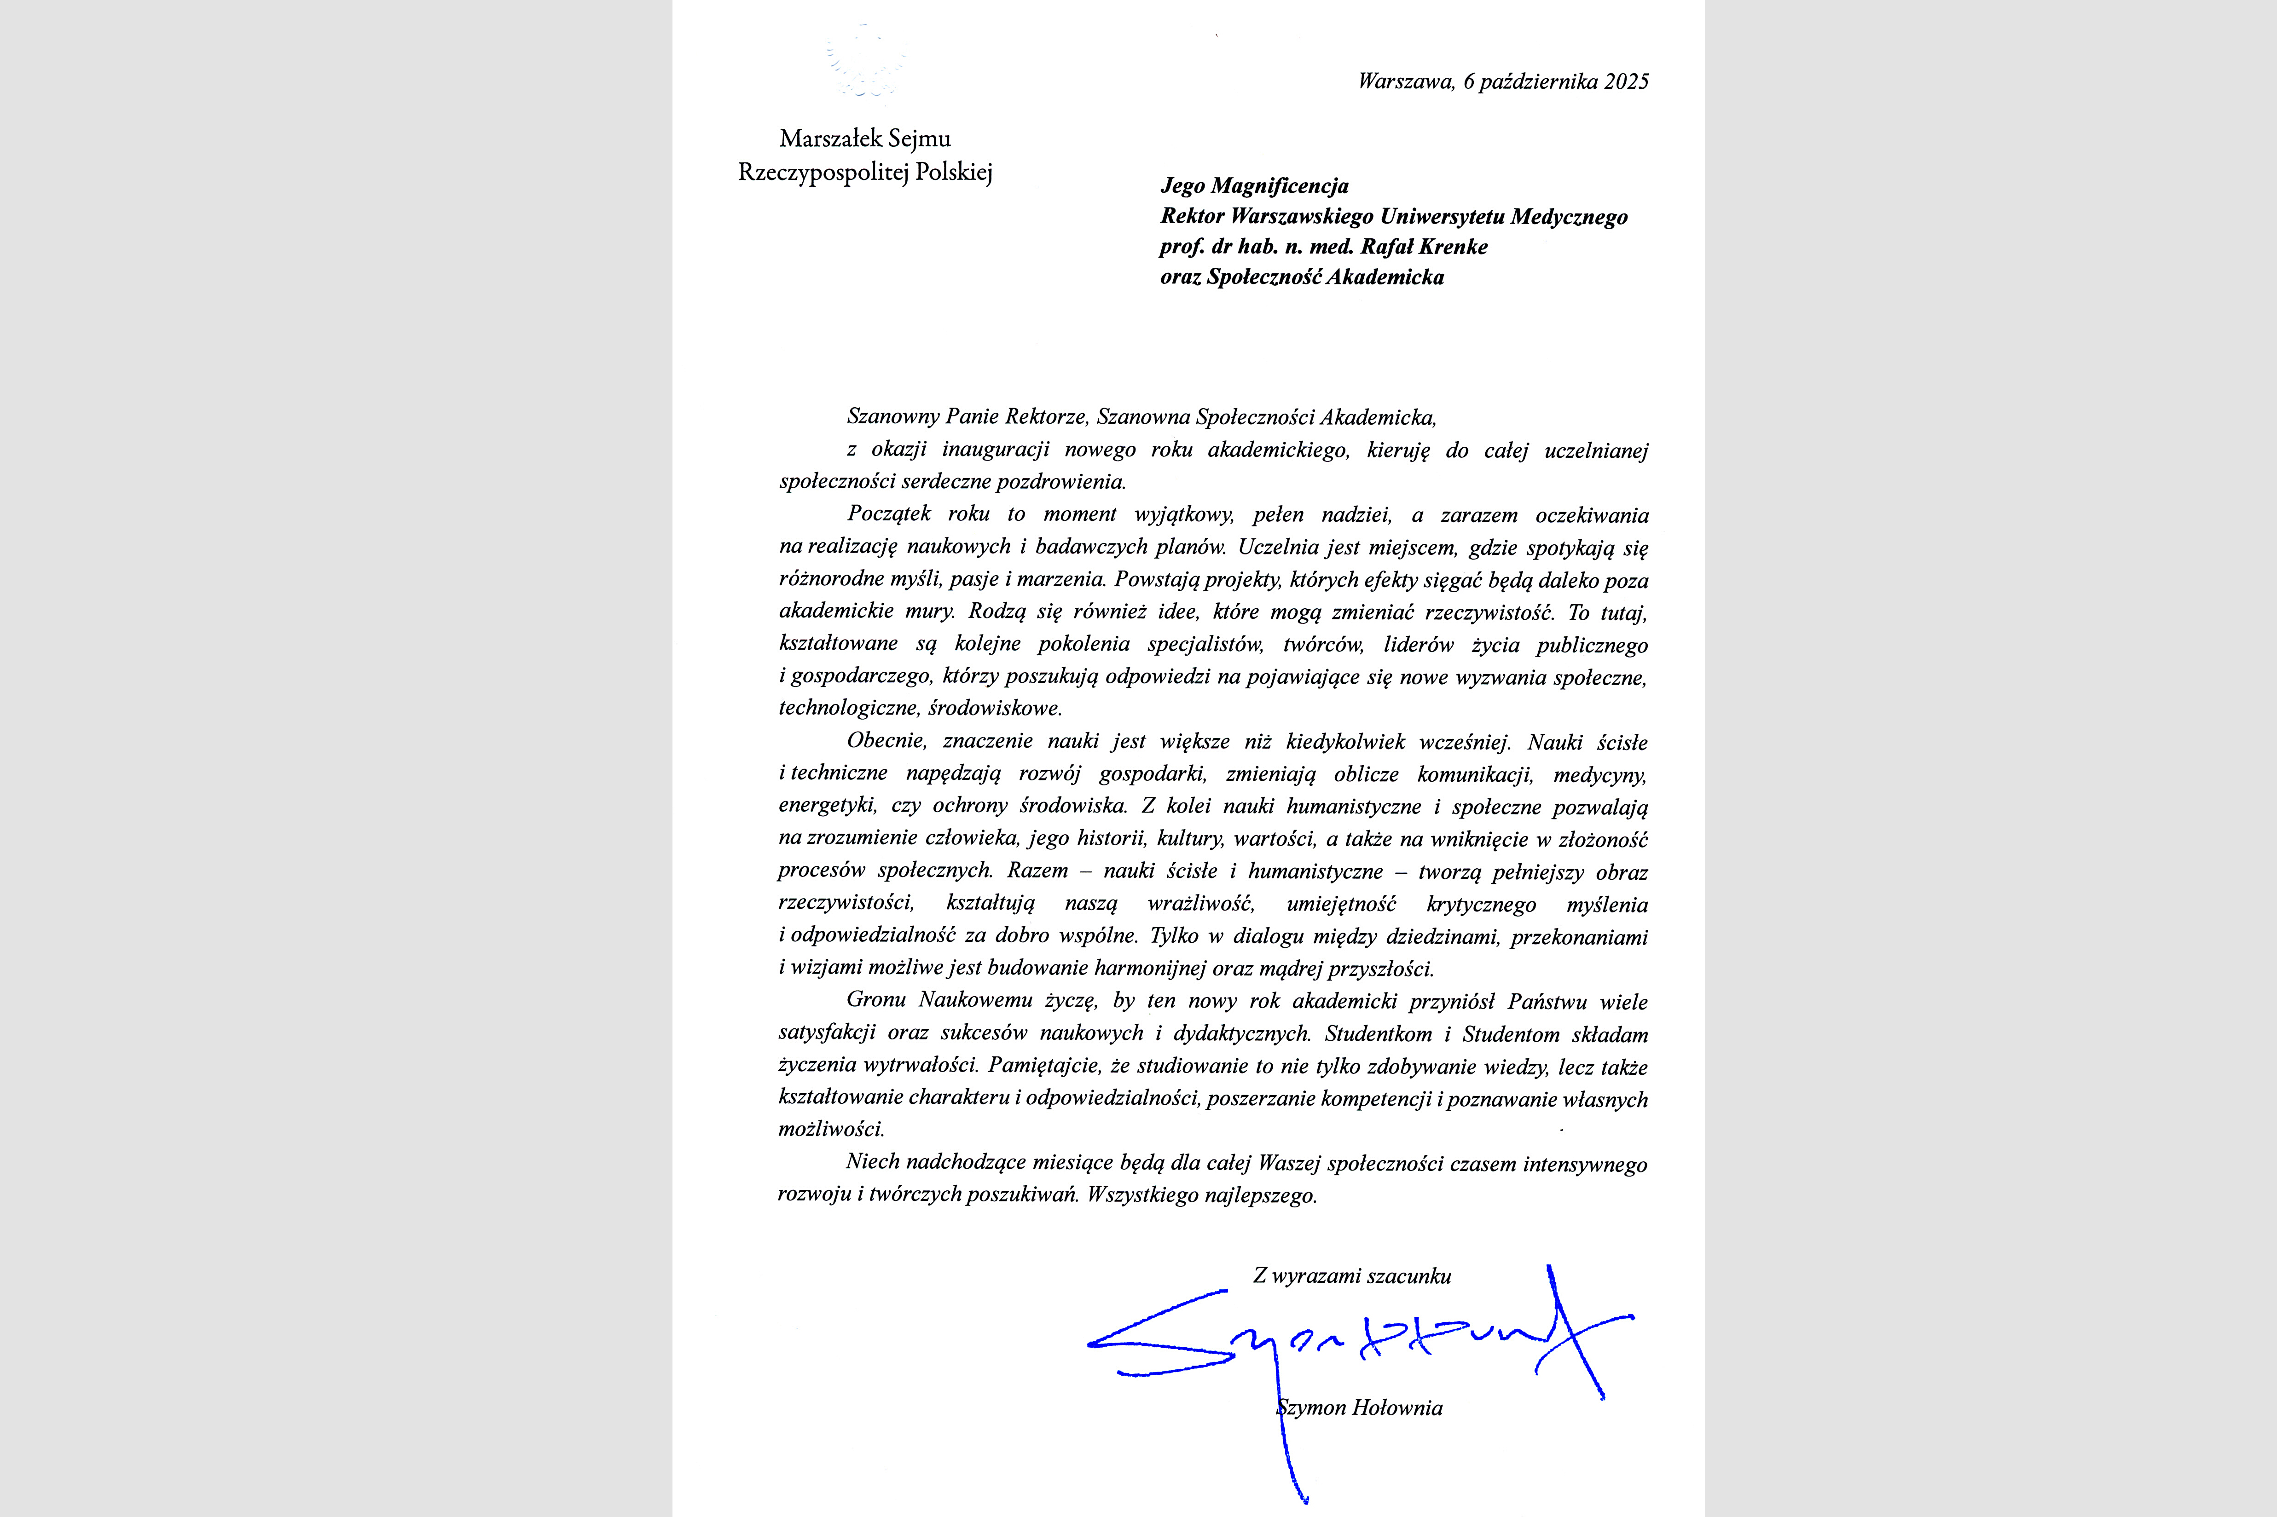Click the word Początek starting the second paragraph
[887, 515]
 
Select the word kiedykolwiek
[1345, 742]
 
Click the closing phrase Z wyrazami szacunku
[1352, 1276]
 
